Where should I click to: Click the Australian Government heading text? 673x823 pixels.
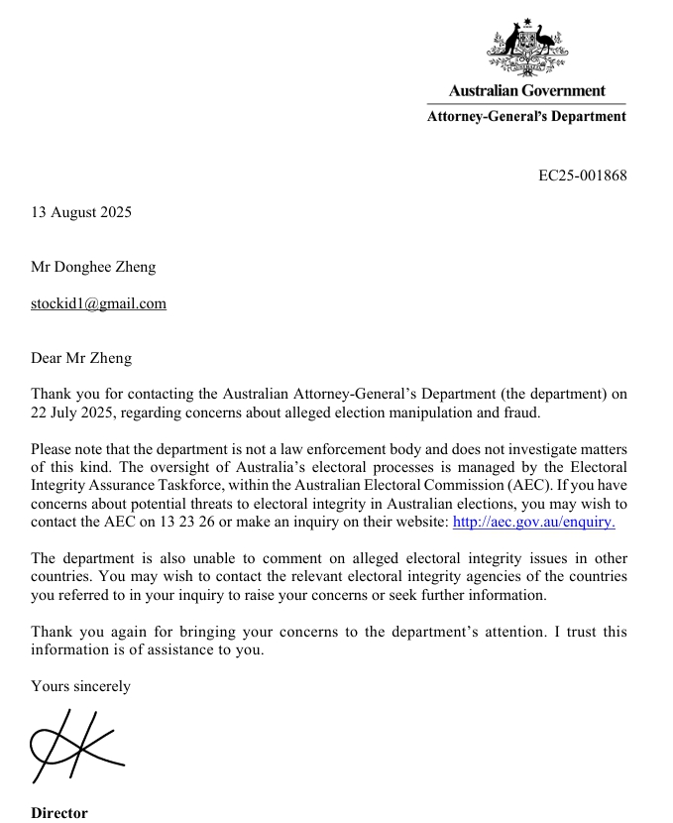[x=526, y=90]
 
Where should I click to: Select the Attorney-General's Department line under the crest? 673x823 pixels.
[x=526, y=116]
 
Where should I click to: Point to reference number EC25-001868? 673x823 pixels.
[x=582, y=176]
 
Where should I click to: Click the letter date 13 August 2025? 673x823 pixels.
[x=81, y=212]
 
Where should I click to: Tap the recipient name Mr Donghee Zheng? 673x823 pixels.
[x=93, y=267]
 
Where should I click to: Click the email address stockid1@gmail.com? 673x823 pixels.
[x=98, y=303]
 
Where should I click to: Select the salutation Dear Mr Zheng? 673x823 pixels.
[x=81, y=358]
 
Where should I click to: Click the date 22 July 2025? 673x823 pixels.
[x=77, y=411]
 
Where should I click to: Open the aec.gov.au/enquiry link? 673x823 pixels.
[x=533, y=521]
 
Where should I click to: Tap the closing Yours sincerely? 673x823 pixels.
[x=80, y=685]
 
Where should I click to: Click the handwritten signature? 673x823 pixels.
[x=74, y=751]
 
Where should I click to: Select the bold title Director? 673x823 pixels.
[x=58, y=813]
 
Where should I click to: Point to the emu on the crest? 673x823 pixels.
[x=544, y=41]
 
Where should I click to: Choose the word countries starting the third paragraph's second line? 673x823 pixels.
[x=61, y=576]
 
